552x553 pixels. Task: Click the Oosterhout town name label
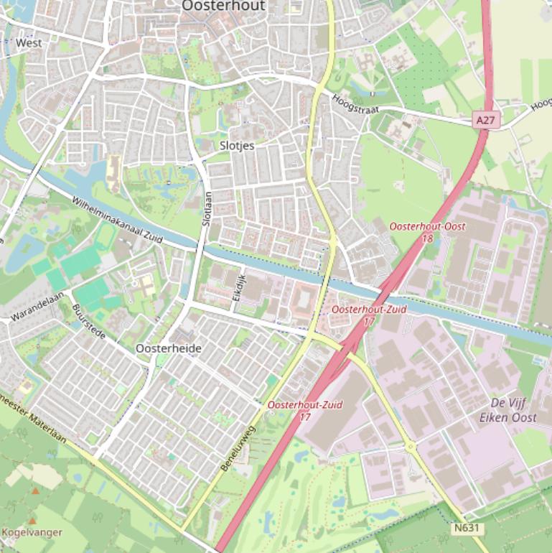(x=223, y=6)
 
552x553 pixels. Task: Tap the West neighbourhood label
(x=29, y=43)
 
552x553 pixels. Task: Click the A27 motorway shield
(x=485, y=121)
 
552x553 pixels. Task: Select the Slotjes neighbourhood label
(x=237, y=145)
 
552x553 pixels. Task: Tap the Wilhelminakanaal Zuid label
(x=118, y=218)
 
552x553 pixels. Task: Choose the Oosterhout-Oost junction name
(x=427, y=226)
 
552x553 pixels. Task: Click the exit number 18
(x=427, y=238)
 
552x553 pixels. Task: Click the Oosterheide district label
(x=169, y=348)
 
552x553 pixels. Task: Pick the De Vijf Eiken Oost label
(x=513, y=409)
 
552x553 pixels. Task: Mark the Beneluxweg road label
(x=238, y=449)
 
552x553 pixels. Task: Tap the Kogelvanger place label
(x=32, y=533)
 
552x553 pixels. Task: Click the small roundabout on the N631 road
(x=411, y=447)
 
